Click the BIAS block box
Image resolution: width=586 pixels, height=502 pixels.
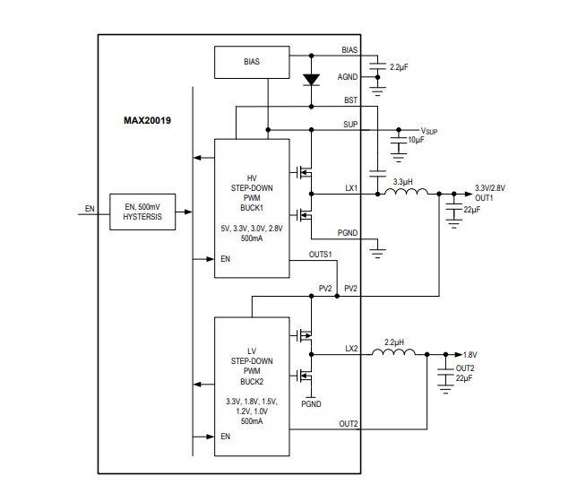point(251,63)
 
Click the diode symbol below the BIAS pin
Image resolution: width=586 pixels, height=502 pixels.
point(311,79)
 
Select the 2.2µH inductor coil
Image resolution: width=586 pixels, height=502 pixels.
point(394,352)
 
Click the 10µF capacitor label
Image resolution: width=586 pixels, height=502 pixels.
point(417,141)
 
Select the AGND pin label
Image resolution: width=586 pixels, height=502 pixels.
point(348,76)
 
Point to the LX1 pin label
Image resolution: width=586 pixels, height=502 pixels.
point(351,188)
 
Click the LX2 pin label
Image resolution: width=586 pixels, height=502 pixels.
point(351,348)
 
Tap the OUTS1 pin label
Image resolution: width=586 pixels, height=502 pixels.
point(320,255)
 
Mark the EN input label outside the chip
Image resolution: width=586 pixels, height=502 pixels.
point(90,209)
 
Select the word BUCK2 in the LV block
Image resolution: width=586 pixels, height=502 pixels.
point(251,380)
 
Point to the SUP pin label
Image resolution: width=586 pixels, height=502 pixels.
point(351,124)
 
